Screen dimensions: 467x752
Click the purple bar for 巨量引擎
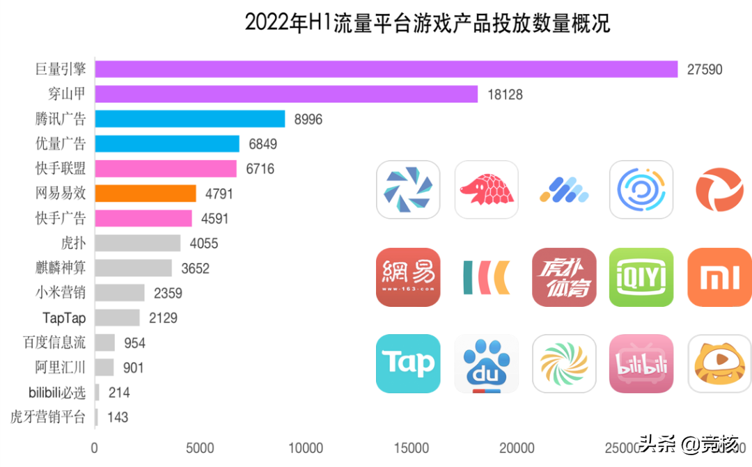point(386,69)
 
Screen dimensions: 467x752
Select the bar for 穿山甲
point(286,94)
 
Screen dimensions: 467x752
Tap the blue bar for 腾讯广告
point(189,119)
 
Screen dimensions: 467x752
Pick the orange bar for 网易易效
point(145,193)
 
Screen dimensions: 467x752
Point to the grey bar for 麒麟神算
point(133,268)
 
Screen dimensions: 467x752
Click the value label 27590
point(705,70)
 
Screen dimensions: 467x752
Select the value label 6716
point(261,169)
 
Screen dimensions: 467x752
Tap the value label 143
point(117,418)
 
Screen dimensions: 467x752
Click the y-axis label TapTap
point(63,318)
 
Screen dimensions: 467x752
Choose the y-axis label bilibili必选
point(57,393)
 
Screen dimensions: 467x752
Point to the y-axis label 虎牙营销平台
point(48,418)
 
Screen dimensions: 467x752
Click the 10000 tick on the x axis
point(306,448)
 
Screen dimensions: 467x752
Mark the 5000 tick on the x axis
point(200,448)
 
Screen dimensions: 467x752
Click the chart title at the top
point(428,23)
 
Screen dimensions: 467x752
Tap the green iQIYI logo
point(641,277)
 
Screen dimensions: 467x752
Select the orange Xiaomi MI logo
point(719,277)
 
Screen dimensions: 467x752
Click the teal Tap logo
point(408,363)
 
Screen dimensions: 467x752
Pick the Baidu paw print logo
point(486,363)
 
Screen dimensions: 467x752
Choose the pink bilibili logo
point(641,363)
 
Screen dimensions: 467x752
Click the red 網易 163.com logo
point(408,277)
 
